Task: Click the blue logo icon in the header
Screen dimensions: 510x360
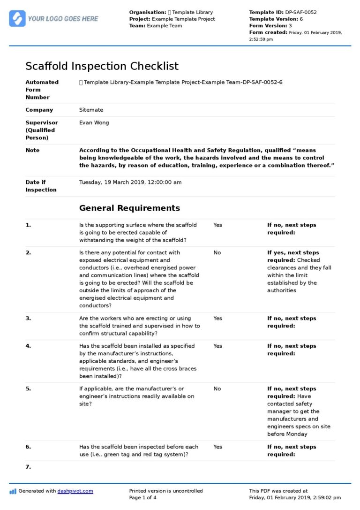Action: (17, 18)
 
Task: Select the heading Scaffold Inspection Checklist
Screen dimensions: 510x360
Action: (102, 66)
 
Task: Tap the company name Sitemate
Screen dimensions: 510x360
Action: (91, 110)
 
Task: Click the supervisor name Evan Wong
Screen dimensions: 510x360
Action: (94, 123)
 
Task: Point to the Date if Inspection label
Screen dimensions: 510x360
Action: (42, 186)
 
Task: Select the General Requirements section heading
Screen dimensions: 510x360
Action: (129, 208)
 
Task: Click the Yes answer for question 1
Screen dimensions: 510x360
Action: (217, 225)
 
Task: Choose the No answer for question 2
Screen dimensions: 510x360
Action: (217, 253)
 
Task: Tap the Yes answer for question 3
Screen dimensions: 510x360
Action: (217, 319)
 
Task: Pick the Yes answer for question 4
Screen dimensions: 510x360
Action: (217, 346)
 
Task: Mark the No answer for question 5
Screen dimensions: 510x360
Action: (217, 389)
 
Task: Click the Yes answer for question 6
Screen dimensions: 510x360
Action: (217, 447)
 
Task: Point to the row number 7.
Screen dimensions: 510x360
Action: (28, 467)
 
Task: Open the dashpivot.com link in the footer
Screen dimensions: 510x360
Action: (75, 491)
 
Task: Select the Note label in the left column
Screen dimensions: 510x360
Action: (32, 151)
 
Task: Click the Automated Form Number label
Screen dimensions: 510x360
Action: (42, 90)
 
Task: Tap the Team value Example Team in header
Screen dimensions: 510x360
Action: (165, 26)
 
